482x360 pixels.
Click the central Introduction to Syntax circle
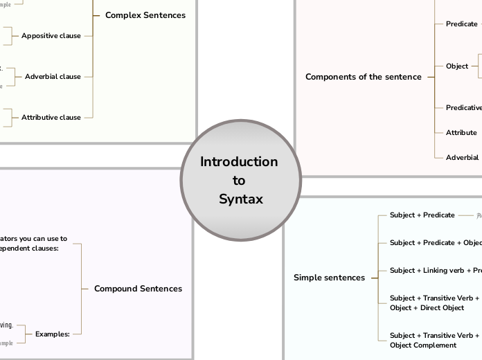[240, 181]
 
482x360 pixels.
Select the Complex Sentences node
[145, 15]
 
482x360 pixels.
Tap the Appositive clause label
[51, 35]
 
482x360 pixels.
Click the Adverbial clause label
[53, 77]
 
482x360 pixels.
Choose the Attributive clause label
[51, 118]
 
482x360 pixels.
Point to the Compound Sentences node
[138, 289]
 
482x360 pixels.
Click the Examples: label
[53, 334]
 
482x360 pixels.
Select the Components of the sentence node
[363, 77]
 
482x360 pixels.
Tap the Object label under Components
[457, 66]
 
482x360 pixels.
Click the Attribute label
[461, 132]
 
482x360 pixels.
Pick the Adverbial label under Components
[462, 157]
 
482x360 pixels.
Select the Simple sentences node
[329, 278]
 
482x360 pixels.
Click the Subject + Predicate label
[422, 215]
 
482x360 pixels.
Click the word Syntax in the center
[240, 199]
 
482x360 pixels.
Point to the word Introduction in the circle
[239, 162]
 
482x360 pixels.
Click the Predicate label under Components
[461, 24]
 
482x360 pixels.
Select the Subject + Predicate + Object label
[435, 243]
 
